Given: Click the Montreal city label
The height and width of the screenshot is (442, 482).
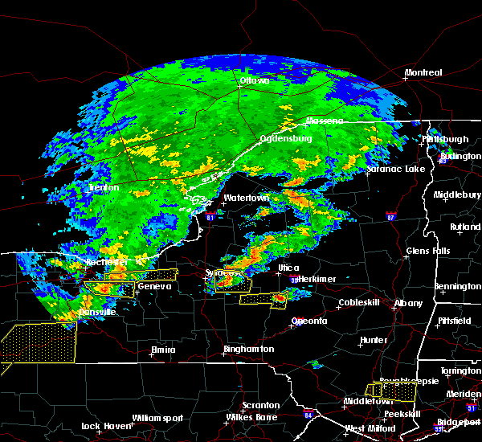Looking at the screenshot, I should pos(423,72).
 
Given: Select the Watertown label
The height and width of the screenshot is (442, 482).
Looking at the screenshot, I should pos(246,198).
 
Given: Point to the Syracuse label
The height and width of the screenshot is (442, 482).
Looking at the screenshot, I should pos(223,273).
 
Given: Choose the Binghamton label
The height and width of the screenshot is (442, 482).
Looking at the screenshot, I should pos(248,350).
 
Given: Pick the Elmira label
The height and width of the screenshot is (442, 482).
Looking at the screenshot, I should pos(163,350).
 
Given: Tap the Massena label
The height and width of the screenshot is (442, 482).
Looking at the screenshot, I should pos(325,121).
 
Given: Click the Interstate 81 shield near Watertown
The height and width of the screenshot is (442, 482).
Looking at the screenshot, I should pos(210,216).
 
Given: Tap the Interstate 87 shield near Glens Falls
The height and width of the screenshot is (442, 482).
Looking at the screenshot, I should pos(390,216).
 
